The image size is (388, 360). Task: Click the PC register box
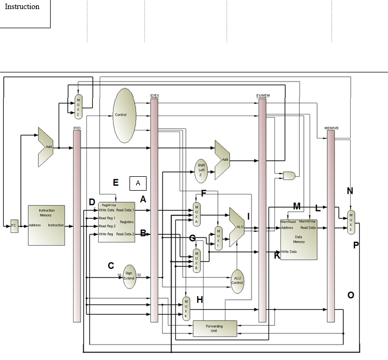(14, 226)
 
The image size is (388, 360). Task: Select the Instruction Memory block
(47, 225)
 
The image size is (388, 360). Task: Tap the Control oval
(123, 115)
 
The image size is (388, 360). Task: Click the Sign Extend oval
(130, 276)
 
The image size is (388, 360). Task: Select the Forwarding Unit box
(214, 328)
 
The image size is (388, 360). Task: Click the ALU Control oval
(237, 280)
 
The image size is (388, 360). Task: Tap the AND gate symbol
(289, 175)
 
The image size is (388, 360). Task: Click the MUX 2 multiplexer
(78, 106)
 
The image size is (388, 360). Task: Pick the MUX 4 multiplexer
(186, 308)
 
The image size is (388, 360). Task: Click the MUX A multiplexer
(196, 213)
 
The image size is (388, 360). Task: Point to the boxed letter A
(138, 183)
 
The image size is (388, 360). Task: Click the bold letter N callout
(350, 191)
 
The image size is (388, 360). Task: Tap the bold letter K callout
(277, 256)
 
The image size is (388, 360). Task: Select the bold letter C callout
(111, 265)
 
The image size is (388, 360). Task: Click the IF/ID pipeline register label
(76, 128)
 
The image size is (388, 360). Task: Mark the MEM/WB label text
(331, 128)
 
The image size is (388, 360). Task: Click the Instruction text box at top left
(25, 14)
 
